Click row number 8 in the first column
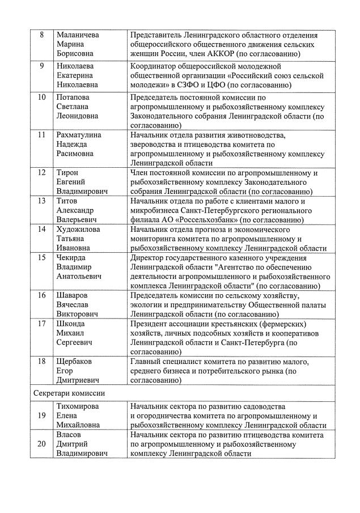(42, 35)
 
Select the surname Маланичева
(78, 35)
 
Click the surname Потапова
(74, 97)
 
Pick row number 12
(42, 172)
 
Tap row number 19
(42, 415)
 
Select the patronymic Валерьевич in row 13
(77, 219)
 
